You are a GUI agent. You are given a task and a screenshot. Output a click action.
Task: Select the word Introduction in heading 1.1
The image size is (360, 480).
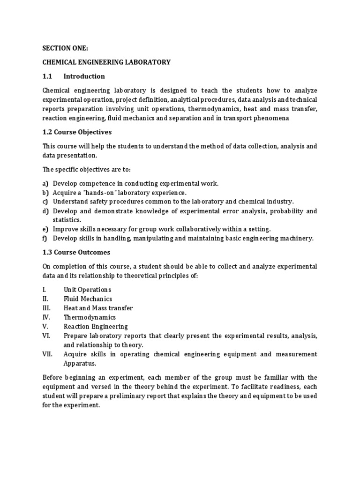coord(84,76)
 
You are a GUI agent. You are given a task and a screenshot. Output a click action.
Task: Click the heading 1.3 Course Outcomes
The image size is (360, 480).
coord(76,252)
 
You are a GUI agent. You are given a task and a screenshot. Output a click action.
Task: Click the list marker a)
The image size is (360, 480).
coord(45,183)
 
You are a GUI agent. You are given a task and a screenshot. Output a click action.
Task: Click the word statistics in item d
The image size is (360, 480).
coord(67,220)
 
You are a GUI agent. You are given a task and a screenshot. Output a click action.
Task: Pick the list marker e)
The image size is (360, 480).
coord(45,229)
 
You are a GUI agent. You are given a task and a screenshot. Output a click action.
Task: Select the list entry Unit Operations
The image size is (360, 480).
coord(87,290)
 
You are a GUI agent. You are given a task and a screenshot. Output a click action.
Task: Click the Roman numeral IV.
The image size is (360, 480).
coord(46,317)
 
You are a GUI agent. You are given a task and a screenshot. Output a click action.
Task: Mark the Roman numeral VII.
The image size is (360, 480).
coord(47,354)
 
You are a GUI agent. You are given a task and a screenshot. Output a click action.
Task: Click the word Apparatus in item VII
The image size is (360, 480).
coord(80,363)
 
